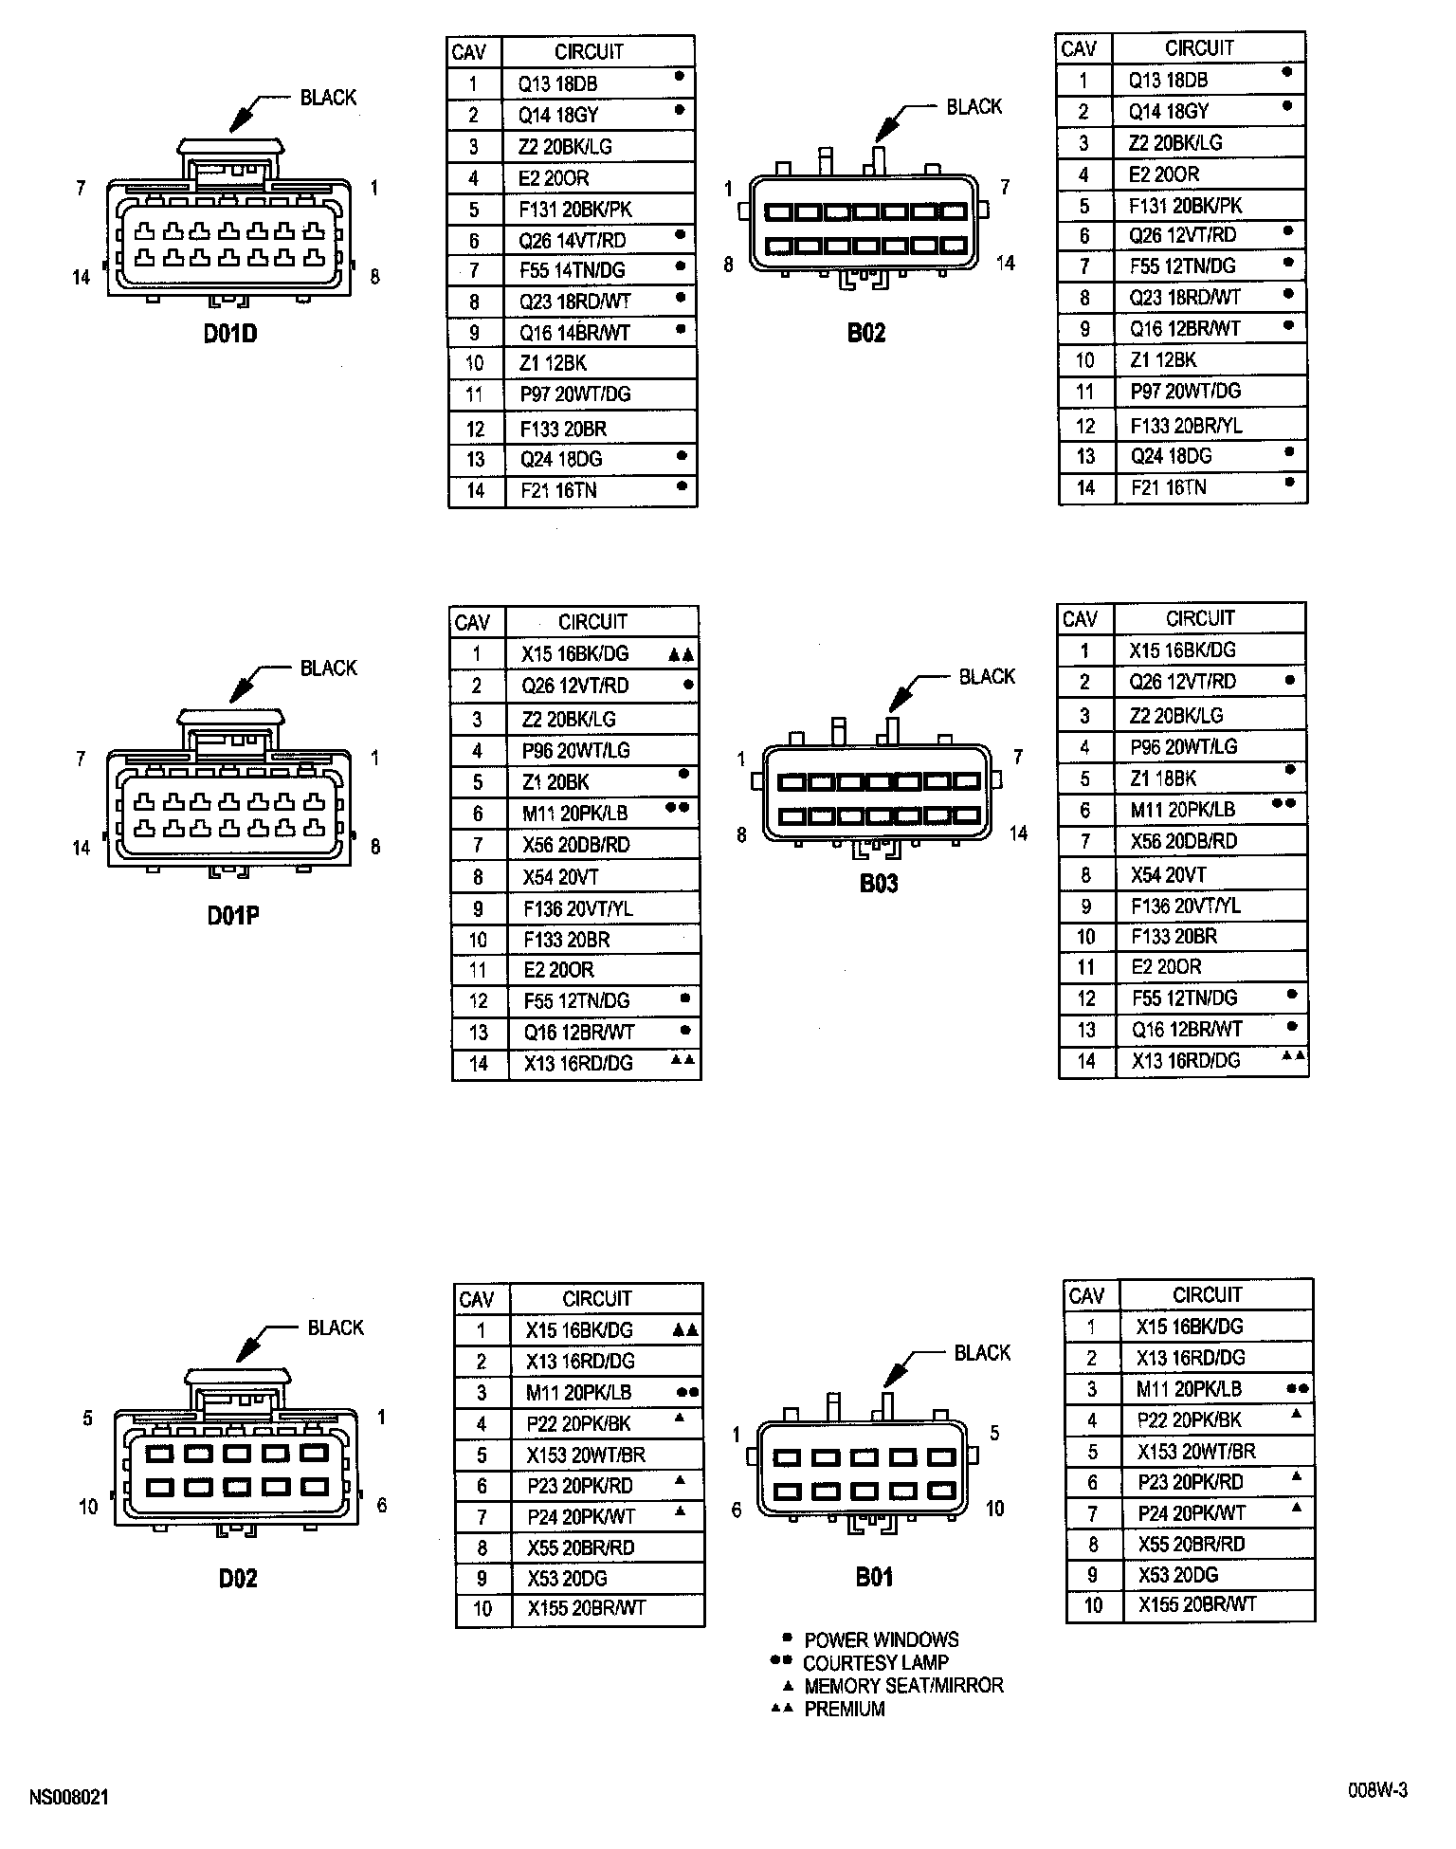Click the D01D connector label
[x=230, y=334]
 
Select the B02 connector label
[x=866, y=333]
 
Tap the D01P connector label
[x=233, y=916]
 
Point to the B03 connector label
[x=879, y=884]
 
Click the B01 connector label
[x=874, y=1577]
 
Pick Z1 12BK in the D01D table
[x=554, y=363]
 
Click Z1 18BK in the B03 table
[x=1163, y=778]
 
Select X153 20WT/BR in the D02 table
[x=586, y=1455]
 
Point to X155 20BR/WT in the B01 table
[x=1197, y=1604]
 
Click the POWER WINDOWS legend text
[x=881, y=1639]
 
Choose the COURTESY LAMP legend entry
[x=875, y=1662]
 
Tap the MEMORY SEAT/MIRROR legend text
[x=903, y=1685]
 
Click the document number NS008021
[x=69, y=1797]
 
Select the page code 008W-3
[x=1378, y=1790]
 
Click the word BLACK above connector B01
[x=982, y=1353]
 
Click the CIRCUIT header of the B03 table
[x=1200, y=618]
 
